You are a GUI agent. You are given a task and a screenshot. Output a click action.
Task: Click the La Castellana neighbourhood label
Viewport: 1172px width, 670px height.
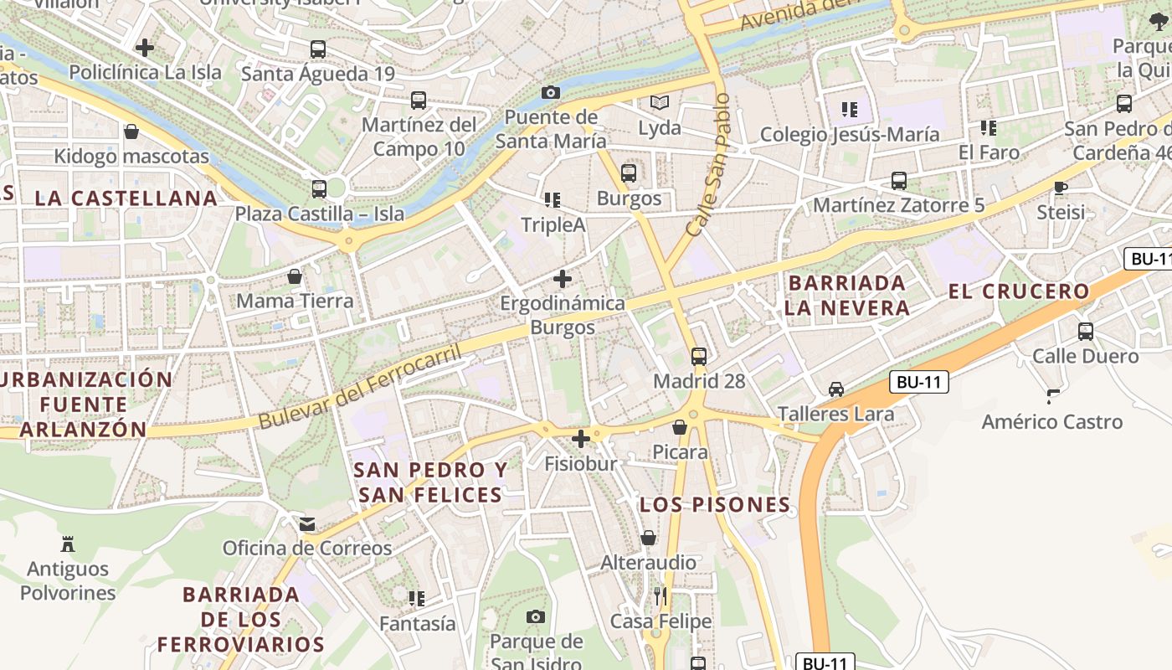(x=126, y=198)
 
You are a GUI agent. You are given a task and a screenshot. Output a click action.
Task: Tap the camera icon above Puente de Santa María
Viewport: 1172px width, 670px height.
(x=550, y=92)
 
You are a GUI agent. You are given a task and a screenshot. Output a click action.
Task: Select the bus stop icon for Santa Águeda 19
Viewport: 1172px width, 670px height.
(x=317, y=49)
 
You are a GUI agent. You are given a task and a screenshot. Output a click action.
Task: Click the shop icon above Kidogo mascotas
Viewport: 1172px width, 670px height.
(x=131, y=131)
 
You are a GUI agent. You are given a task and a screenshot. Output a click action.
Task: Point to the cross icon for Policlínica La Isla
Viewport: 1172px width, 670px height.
(x=145, y=48)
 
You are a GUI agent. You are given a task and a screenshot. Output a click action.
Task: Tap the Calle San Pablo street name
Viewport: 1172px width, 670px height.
(x=708, y=164)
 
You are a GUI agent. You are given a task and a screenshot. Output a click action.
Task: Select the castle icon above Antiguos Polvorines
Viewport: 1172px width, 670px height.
(x=68, y=544)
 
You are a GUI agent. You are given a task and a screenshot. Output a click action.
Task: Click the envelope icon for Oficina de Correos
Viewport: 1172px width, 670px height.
(x=307, y=524)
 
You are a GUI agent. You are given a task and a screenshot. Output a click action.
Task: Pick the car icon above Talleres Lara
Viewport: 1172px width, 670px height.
(x=835, y=389)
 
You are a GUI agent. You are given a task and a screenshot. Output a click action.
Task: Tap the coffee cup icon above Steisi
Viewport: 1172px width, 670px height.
(x=1061, y=188)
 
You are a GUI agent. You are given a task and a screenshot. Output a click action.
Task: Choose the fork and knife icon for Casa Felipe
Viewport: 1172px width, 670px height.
(x=661, y=596)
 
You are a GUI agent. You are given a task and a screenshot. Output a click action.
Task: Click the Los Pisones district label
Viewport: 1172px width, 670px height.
(x=715, y=505)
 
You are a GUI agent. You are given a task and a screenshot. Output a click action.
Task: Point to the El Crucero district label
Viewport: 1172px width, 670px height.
(x=1019, y=291)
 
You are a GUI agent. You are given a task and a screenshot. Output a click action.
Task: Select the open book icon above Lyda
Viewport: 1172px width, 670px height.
(x=660, y=103)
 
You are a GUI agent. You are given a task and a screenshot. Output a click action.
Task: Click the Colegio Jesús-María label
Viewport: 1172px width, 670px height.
(x=849, y=135)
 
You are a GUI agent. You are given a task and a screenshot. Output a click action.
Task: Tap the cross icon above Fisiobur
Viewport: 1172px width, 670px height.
(x=581, y=438)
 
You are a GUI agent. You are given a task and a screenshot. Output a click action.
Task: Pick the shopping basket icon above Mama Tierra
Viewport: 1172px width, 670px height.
(x=295, y=276)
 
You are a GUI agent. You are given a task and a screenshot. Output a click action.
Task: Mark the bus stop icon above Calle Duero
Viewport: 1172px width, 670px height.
(x=1086, y=331)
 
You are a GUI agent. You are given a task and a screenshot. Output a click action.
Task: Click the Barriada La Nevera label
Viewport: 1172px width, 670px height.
(x=847, y=295)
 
